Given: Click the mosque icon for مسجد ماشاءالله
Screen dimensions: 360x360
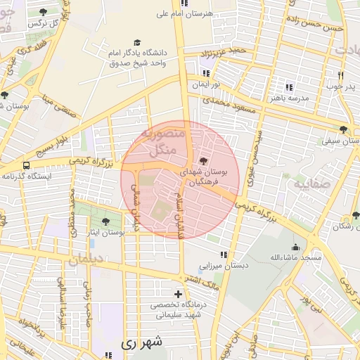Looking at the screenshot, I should [295, 247].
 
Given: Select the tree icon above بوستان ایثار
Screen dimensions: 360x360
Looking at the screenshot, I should [105, 221].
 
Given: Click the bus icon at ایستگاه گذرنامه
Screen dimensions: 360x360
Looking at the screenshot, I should [26, 165].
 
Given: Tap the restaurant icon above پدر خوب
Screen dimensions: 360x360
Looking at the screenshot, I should [341, 75].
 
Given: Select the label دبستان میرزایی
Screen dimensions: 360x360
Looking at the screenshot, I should [220, 266].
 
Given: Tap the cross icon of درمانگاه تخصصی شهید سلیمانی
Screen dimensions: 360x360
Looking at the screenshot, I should [178, 294].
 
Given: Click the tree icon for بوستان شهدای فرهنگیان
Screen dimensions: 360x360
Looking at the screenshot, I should [204, 162].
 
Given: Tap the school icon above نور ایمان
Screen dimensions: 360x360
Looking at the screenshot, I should [207, 72].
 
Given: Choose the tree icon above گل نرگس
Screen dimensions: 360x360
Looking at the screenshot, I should [44, 12].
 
